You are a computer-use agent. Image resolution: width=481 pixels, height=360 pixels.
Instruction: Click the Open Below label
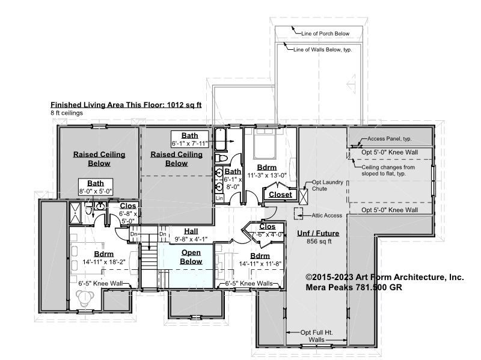click(x=191, y=257)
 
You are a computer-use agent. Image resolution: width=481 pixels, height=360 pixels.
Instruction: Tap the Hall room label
click(x=191, y=231)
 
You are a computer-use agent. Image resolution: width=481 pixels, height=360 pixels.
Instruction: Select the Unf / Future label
click(x=318, y=233)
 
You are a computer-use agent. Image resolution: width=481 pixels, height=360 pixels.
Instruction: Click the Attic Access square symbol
click(x=298, y=213)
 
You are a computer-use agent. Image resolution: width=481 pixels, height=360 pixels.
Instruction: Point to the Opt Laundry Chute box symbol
click(x=303, y=197)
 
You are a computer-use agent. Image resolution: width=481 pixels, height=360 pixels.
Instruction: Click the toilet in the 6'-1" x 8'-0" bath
click(x=221, y=158)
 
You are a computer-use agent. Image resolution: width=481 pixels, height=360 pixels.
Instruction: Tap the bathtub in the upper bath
click(x=221, y=139)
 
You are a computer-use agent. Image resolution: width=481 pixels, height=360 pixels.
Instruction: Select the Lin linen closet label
click(x=219, y=198)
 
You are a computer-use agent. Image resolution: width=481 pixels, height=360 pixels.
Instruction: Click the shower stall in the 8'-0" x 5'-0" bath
click(x=75, y=213)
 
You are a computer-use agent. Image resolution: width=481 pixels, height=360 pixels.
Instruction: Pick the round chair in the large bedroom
click(x=85, y=297)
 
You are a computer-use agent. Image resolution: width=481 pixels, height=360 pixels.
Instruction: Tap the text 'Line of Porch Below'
click(x=325, y=34)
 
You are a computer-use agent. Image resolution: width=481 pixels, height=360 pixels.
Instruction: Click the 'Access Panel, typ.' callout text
click(x=389, y=139)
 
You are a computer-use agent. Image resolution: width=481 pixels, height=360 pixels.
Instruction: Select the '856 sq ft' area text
click(x=319, y=242)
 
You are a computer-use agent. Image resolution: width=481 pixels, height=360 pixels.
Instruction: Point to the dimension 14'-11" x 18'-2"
click(x=104, y=262)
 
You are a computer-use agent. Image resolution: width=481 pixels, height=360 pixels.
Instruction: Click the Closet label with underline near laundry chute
click(x=280, y=195)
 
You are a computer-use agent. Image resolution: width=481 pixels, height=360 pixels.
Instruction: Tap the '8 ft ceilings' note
click(x=67, y=113)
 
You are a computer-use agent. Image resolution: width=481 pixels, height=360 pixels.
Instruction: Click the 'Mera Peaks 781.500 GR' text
click(x=354, y=287)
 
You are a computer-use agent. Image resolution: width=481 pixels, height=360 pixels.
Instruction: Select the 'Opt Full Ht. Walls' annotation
click(x=317, y=336)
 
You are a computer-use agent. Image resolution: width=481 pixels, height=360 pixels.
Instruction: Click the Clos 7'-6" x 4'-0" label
click(x=267, y=230)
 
